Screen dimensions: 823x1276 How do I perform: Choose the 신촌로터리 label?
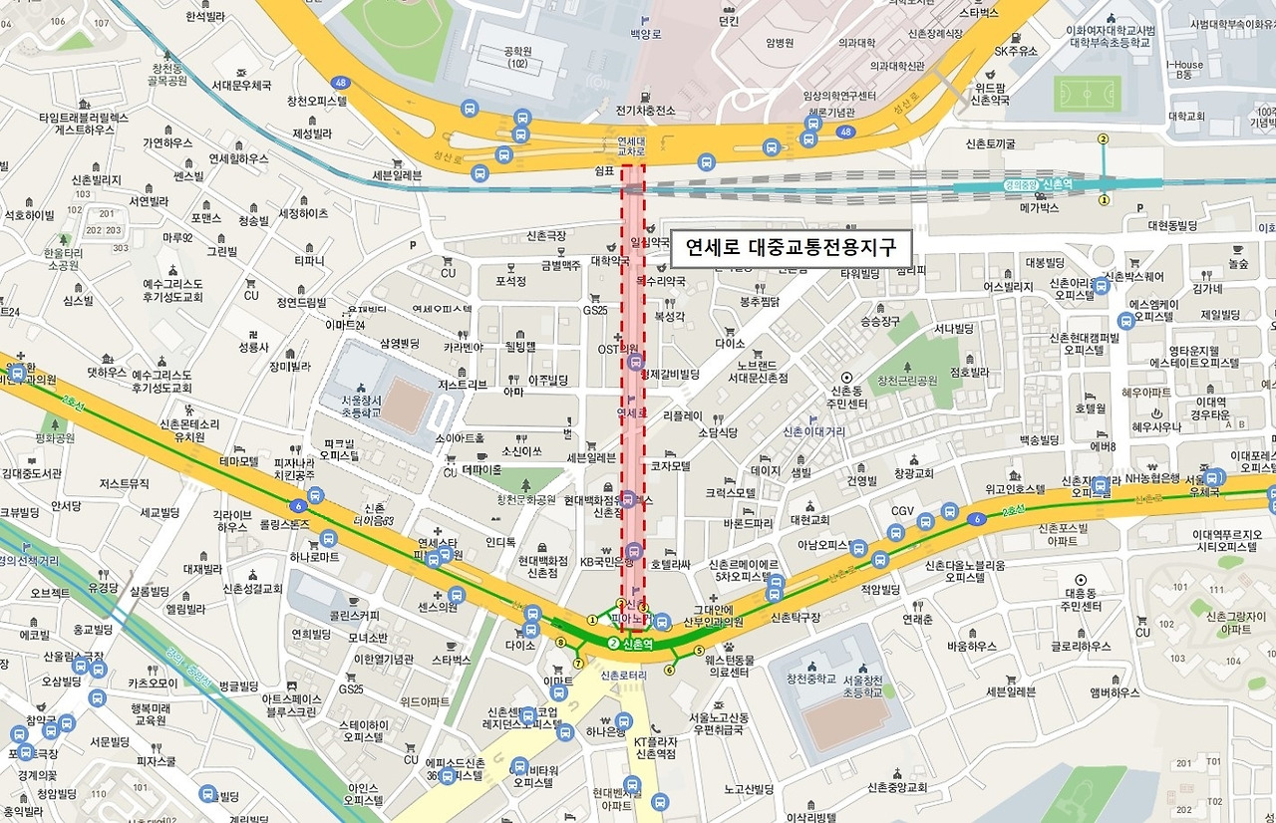pos(625,677)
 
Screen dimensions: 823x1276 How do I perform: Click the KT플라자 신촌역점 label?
pos(655,748)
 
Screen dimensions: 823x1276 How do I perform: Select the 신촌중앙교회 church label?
pos(897,787)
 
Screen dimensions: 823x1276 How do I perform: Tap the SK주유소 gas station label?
pos(1016,51)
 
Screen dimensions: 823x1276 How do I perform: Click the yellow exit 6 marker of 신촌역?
pos(670,670)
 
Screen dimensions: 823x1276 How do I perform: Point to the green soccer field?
pos(1087,96)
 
